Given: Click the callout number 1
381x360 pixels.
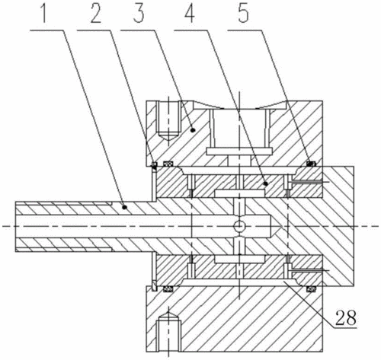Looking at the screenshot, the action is (44, 13).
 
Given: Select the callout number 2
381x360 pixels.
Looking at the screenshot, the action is (96, 13).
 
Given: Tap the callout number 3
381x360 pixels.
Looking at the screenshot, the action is (139, 13).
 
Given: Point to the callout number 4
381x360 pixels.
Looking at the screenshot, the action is (190, 13).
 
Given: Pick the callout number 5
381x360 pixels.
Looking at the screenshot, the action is (243, 13).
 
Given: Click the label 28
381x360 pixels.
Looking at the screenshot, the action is (346, 317).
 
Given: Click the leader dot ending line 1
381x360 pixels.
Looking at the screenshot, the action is (124, 207).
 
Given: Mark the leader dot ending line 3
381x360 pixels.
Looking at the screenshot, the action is (193, 130).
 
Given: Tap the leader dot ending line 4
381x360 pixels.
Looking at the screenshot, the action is (266, 183).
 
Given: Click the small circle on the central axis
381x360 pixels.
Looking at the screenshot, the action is (239, 226).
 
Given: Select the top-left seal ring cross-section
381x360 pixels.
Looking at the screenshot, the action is (168, 164).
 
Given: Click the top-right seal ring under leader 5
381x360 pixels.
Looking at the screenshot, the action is (311, 164).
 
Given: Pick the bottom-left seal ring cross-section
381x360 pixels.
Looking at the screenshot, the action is (168, 288).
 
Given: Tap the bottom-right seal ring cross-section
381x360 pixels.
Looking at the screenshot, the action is (311, 288).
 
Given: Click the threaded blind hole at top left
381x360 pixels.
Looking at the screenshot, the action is (168, 120).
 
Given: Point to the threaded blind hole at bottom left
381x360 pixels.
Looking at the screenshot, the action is (168, 331).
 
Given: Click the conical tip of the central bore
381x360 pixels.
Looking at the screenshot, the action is (276, 226).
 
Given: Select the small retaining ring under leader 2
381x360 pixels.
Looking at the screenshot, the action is (154, 165).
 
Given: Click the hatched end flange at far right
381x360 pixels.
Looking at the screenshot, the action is (338, 226).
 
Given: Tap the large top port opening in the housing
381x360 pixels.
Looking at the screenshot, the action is (240, 127).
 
